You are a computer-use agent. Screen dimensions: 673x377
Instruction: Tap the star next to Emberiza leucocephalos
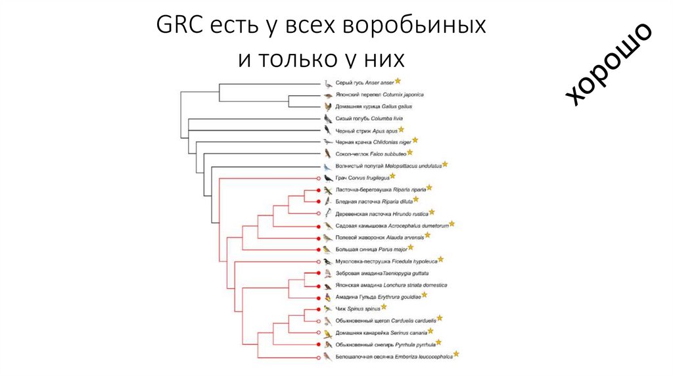point(455,355)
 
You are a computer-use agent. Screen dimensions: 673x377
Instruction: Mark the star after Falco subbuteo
point(409,152)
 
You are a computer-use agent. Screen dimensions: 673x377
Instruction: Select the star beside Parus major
point(411,248)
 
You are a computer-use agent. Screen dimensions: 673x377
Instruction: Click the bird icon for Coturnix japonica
point(328,95)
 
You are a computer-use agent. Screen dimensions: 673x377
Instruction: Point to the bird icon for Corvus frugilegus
point(328,177)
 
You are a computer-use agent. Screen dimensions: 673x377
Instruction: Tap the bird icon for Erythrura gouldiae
point(328,297)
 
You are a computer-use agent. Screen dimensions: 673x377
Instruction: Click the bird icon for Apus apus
point(328,130)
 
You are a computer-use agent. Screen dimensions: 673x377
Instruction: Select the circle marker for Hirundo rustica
point(319,213)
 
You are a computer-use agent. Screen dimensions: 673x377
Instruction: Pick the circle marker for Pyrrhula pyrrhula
point(319,344)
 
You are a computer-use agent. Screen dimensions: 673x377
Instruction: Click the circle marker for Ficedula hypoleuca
point(319,261)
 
